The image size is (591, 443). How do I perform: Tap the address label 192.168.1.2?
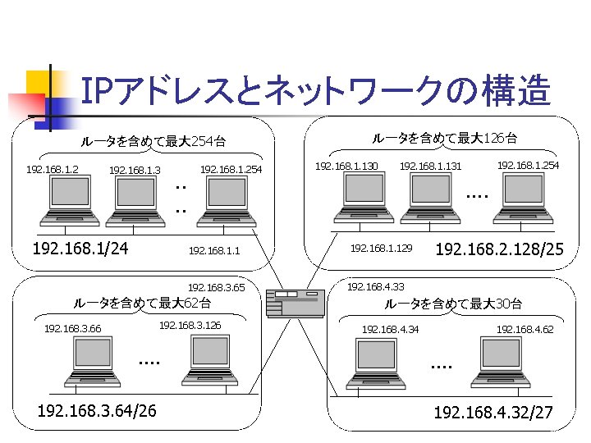pos(53,170)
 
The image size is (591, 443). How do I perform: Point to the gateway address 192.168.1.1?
pos(213,250)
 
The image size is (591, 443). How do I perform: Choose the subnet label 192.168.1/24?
pos(79,248)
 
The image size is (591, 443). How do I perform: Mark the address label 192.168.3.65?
pos(217,288)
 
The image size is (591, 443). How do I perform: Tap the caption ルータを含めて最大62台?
pos(142,304)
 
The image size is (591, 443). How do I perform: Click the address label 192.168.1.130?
pos(346,167)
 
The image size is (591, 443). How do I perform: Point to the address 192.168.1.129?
pos(381,247)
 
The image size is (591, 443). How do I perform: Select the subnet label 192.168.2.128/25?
pos(499,249)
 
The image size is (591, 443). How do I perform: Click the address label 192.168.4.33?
pos(376,287)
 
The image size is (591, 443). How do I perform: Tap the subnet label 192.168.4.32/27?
pos(493,411)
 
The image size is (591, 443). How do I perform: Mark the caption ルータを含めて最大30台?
pos(453,304)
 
